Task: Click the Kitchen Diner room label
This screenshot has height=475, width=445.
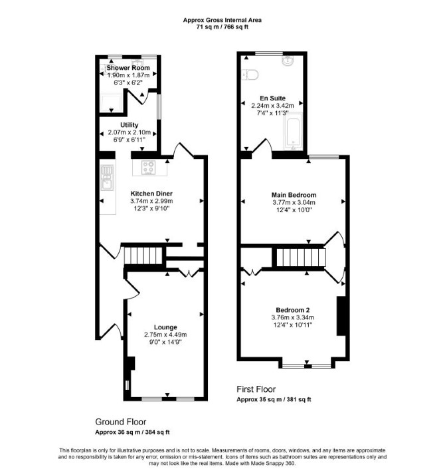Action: (x=151, y=194)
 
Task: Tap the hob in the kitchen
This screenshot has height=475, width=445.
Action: (x=149, y=168)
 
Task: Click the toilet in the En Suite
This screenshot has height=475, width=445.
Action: (x=250, y=75)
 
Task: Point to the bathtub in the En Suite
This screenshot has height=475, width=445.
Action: (x=293, y=131)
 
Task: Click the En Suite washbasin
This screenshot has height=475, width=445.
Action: (x=288, y=61)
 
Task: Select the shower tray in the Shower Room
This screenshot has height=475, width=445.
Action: (x=112, y=103)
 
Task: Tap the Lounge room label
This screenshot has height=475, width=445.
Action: (x=165, y=327)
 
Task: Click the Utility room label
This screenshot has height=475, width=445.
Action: (x=129, y=125)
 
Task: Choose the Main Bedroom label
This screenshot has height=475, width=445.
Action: (x=294, y=195)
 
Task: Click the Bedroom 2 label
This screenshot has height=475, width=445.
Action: (x=292, y=310)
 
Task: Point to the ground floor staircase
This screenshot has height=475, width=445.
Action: (x=143, y=255)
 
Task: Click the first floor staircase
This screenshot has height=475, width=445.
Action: (x=301, y=257)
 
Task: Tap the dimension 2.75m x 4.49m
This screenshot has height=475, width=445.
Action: (x=165, y=335)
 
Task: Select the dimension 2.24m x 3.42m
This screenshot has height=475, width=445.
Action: (x=272, y=106)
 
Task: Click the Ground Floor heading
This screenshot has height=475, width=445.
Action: (x=121, y=422)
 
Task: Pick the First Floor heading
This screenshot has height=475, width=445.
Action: (x=256, y=389)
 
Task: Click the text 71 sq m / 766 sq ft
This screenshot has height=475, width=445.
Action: (x=222, y=27)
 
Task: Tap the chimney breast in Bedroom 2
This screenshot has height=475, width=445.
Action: (x=341, y=316)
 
